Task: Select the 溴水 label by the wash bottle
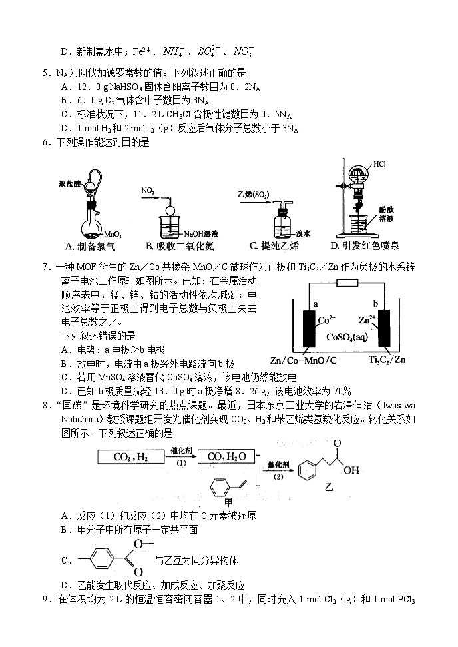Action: tap(304, 233)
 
